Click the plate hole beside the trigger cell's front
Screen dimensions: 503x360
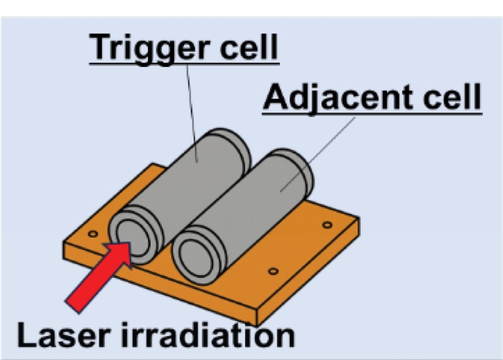(93, 234)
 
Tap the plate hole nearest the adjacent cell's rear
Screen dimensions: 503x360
(327, 225)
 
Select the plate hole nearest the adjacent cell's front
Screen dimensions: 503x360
(273, 272)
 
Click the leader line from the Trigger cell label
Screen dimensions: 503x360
(192, 114)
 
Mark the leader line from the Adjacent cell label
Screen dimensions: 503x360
(317, 154)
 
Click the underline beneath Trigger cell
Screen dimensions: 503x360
(185, 64)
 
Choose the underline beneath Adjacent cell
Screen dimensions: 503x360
(372, 113)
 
